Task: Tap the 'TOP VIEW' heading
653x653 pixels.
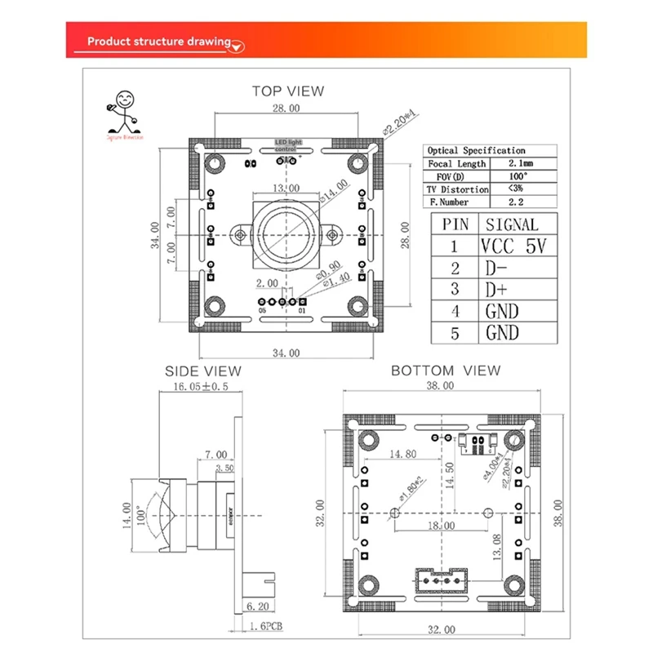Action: tap(287, 91)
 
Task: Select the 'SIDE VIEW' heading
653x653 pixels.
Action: tap(203, 371)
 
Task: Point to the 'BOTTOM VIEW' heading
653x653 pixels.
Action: tap(445, 371)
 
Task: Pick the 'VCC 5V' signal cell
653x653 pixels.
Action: tap(511, 246)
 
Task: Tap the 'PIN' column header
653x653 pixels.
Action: tap(455, 224)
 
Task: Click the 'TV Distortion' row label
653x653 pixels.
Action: tap(457, 189)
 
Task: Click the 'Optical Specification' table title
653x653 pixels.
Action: tap(477, 150)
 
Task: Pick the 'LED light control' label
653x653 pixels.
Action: tap(287, 145)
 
